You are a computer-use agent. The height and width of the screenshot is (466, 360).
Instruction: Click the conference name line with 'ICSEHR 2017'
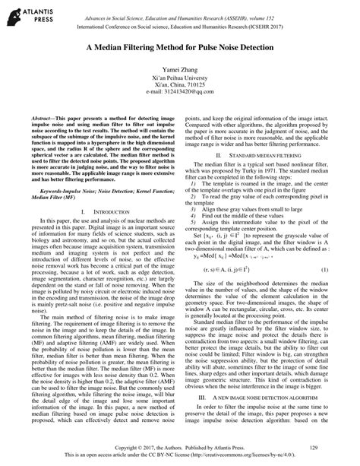(179, 25)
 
